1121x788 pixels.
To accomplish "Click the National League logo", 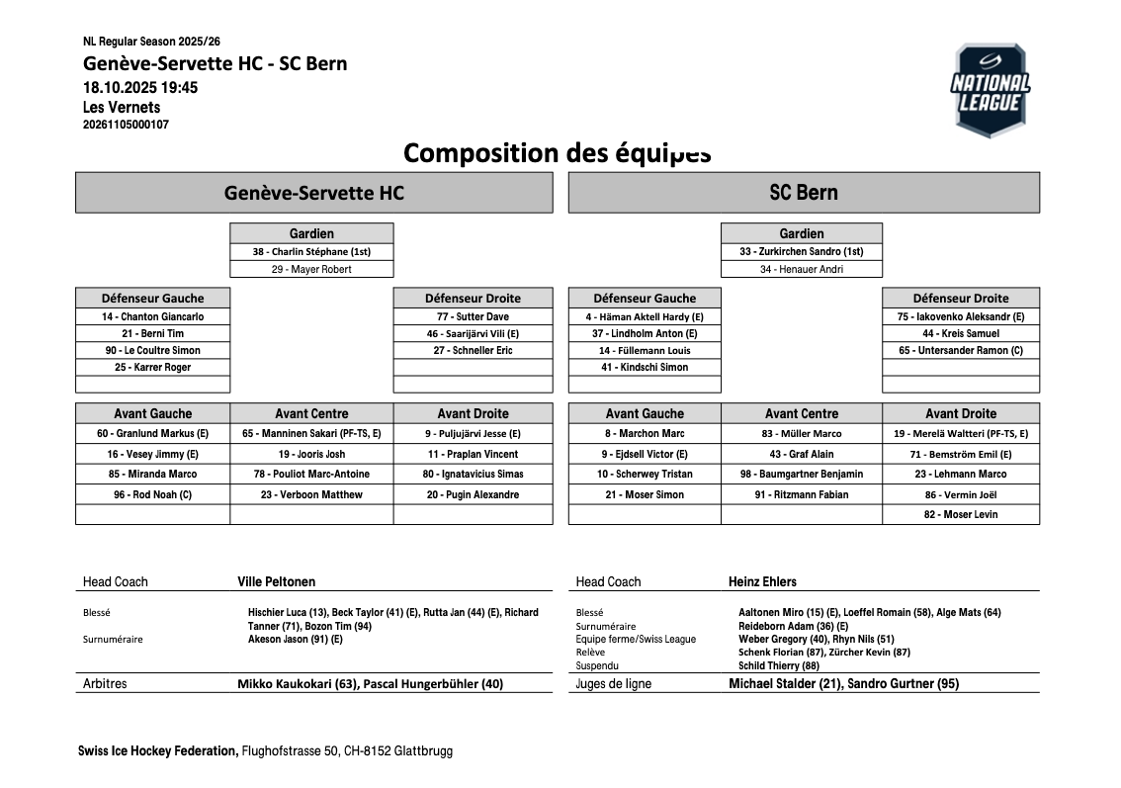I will (991, 90).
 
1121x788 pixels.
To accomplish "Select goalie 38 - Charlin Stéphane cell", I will (311, 252).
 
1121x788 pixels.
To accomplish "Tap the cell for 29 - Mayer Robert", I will (311, 269).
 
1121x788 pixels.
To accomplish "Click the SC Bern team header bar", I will (803, 193).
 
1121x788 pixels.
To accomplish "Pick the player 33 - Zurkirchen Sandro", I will (801, 252).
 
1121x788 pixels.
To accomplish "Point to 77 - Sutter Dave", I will (473, 317).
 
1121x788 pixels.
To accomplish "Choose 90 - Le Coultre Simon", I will (152, 351).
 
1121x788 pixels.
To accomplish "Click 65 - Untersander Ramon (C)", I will (960, 351).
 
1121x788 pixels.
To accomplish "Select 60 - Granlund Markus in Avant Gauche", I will (152, 434).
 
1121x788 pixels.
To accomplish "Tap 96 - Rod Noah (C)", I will (152, 495).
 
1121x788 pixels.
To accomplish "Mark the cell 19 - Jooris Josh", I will (311, 455).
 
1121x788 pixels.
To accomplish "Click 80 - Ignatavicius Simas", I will (473, 475).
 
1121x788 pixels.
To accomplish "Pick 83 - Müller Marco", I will (801, 434).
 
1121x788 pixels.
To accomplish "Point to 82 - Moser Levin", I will (960, 515).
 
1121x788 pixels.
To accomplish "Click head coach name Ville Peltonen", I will (277, 582).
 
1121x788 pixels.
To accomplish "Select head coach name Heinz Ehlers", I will (762, 582).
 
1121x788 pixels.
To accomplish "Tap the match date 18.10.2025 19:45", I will (140, 88).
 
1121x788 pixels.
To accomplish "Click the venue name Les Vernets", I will (122, 108).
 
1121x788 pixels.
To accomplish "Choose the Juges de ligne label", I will (614, 684).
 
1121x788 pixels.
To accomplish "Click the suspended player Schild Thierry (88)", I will (779, 666).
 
